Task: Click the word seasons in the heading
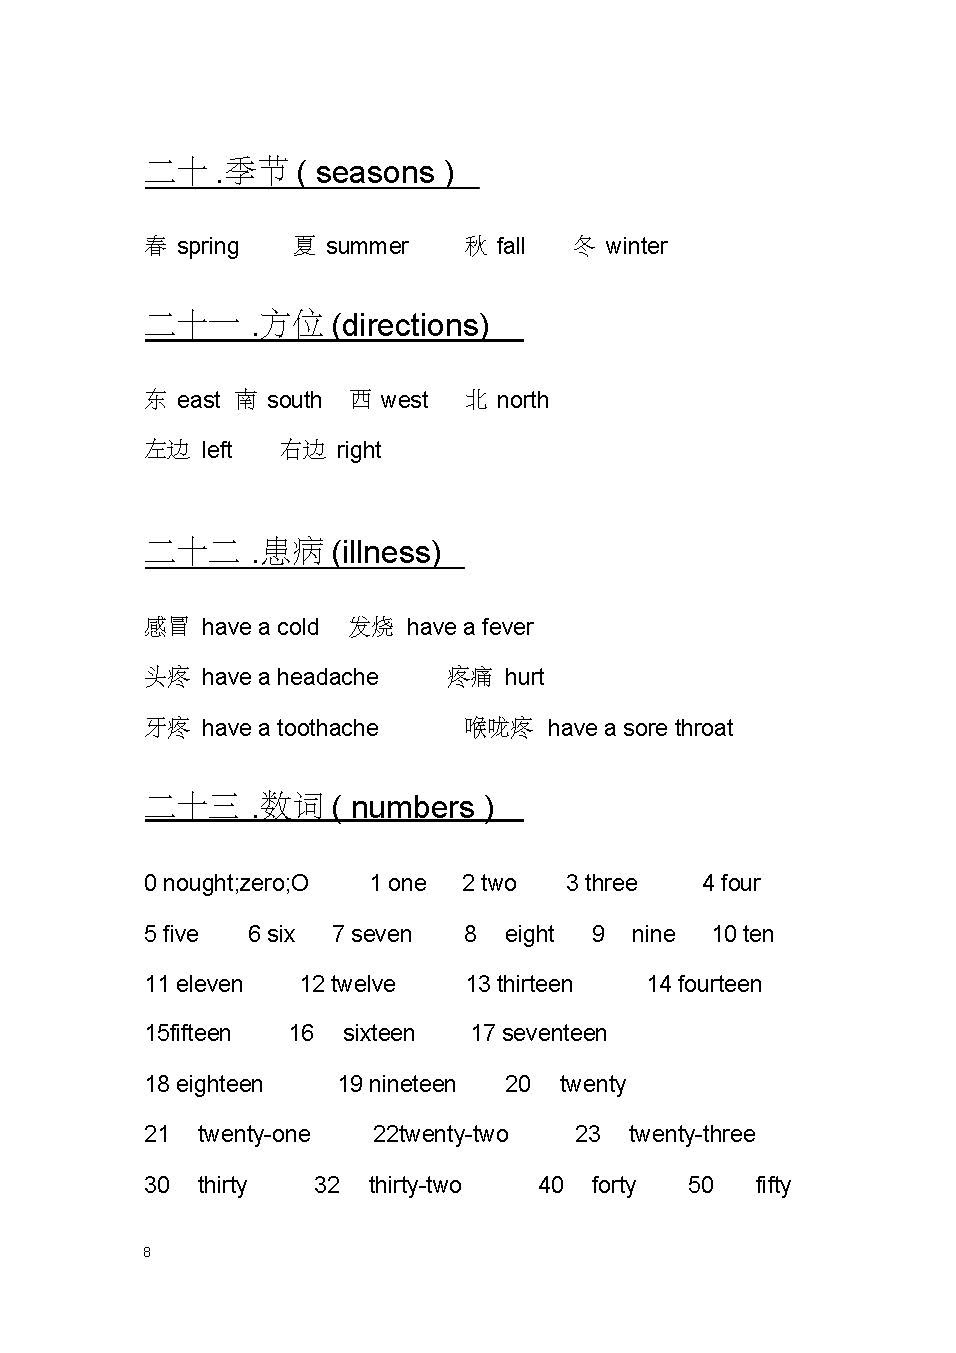[x=375, y=173]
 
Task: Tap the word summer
[x=367, y=246]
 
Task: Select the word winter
[x=636, y=246]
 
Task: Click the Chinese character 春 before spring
[x=156, y=246]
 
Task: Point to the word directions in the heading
[x=410, y=326]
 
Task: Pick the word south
[x=294, y=400]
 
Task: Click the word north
[x=522, y=400]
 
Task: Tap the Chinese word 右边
[x=303, y=450]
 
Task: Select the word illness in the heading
[x=386, y=552]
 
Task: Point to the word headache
[x=327, y=677]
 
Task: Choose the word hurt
[x=524, y=677]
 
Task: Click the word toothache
[x=327, y=728]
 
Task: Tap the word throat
[x=704, y=728]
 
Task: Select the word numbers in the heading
[x=412, y=807]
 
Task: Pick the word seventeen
[x=554, y=1033]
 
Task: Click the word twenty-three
[x=692, y=1134]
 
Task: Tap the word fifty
[x=773, y=1185]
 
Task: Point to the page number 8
[x=147, y=1252]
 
